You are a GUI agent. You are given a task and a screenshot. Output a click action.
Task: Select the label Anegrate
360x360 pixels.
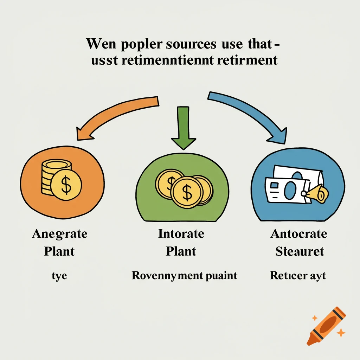pos(59,234)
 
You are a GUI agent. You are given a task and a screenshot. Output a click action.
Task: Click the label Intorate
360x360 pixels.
pos(181,234)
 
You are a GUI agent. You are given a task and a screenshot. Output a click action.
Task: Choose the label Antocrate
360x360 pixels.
pos(298,234)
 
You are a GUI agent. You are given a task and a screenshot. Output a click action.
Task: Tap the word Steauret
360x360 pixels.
pos(300,252)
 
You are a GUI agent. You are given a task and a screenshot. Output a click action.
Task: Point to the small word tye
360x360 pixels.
pos(59,276)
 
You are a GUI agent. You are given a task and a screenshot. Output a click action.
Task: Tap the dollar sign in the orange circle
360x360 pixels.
pos(66,185)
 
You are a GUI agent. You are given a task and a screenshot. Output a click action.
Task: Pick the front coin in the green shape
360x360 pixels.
pos(187,192)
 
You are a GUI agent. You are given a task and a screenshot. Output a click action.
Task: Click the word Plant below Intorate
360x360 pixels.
pos(181,252)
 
